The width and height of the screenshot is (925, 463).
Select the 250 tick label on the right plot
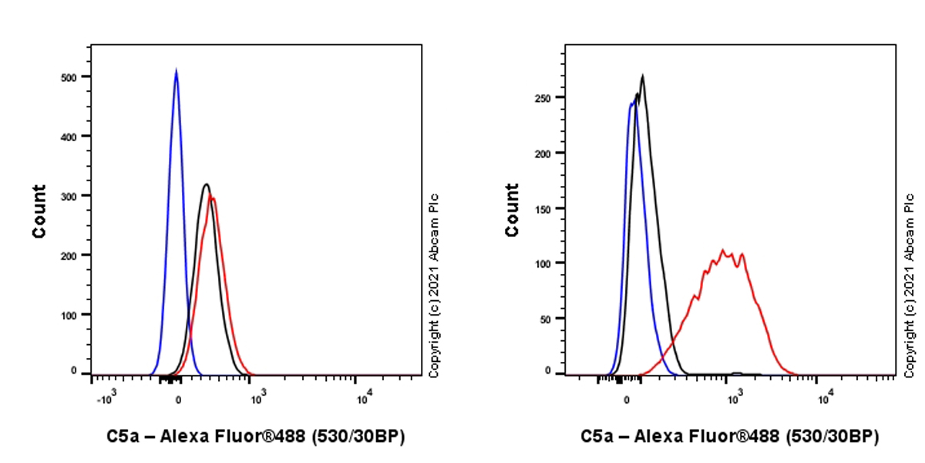pyautogui.click(x=544, y=98)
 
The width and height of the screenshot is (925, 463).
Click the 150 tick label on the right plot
pyautogui.click(x=544, y=208)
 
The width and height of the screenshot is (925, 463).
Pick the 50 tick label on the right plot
pyautogui.click(x=547, y=318)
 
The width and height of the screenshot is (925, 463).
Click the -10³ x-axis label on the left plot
pyautogui.click(x=105, y=399)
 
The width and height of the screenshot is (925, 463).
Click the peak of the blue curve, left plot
pyautogui.click(x=177, y=70)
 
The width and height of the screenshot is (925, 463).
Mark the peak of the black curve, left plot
pyautogui.click(x=206, y=184)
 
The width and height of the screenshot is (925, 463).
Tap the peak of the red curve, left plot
pyautogui.click(x=212, y=198)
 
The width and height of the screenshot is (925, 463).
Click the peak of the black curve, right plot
pyautogui.click(x=643, y=76)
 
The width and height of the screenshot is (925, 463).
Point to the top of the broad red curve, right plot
pyautogui.click(x=723, y=250)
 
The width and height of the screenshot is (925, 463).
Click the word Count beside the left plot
pyautogui.click(x=39, y=210)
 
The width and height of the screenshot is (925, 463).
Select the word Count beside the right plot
pyautogui.click(x=512, y=210)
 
